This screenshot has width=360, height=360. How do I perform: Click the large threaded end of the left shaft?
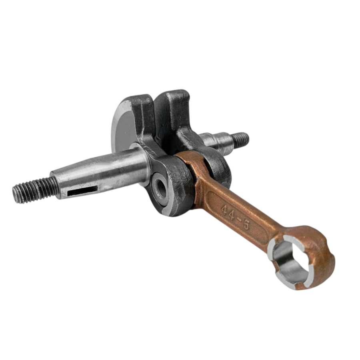coord(34,190)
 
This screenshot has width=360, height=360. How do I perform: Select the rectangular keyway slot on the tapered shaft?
coord(83,190)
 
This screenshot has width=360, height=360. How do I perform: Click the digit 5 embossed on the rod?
coord(246,225)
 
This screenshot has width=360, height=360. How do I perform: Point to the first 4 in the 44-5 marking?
coord(224,209)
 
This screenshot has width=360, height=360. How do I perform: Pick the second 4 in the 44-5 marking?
coord(232,214)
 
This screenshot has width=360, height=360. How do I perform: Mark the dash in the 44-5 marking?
coord(239,220)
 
